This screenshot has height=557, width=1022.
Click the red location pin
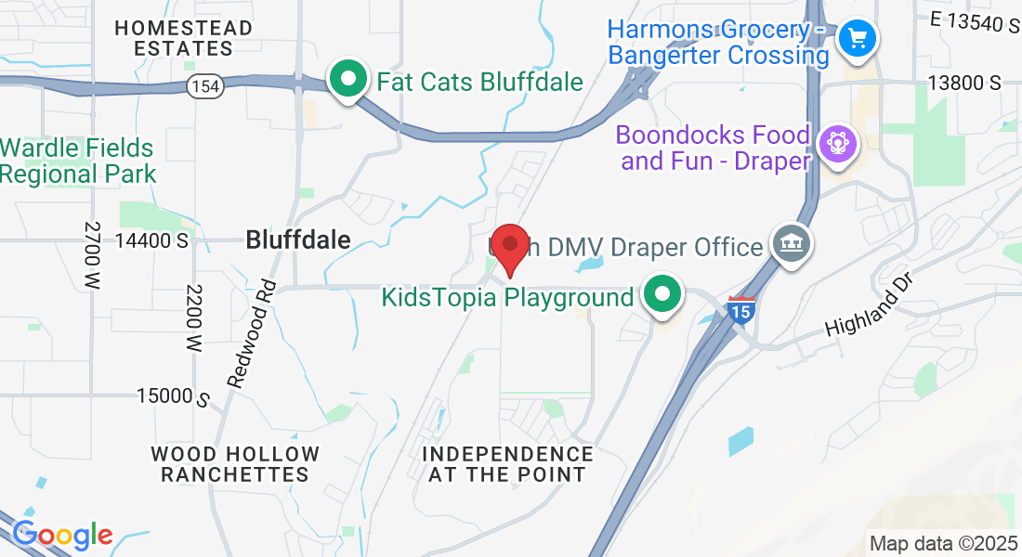pyautogui.click(x=510, y=248)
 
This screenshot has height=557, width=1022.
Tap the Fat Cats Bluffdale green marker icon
pyautogui.click(x=348, y=80)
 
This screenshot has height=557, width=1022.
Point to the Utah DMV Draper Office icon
pyautogui.click(x=792, y=246)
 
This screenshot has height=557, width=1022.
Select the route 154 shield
pyautogui.click(x=203, y=86)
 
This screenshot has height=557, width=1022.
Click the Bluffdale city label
pyautogui.click(x=298, y=240)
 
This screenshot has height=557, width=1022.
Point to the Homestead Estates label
pyautogui.click(x=183, y=38)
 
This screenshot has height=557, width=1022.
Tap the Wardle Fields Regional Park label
pyautogui.click(x=77, y=160)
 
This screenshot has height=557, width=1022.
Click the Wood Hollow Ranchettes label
pyautogui.click(x=235, y=464)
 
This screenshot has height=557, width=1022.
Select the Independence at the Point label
pyautogui.click(x=507, y=464)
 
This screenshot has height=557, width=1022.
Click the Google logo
pyautogui.click(x=62, y=535)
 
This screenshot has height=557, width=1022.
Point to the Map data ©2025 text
pyautogui.click(x=942, y=543)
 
